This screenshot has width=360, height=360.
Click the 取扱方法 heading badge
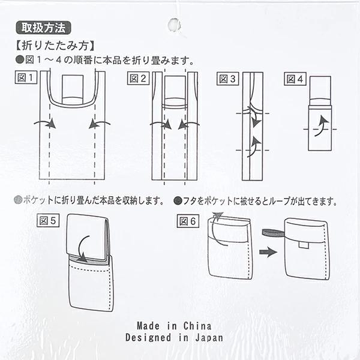[x=43, y=28]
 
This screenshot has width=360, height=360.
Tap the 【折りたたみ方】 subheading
[x=55, y=46]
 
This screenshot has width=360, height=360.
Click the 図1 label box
[x=26, y=77]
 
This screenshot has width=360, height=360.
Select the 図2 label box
[x=138, y=79]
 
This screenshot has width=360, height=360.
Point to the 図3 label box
[x=228, y=79]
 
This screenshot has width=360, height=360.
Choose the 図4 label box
[x=295, y=79]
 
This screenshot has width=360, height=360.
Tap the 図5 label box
[x=48, y=221]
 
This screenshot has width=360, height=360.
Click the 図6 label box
[x=188, y=221]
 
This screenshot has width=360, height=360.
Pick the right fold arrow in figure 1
[x=99, y=123]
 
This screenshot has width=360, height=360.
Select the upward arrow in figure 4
[x=322, y=126]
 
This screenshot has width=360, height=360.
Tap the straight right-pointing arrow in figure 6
[x=268, y=252]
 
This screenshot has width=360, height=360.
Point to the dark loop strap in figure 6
[x=274, y=233]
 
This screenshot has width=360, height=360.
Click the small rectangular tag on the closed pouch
[x=304, y=245]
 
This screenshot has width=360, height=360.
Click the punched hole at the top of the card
[x=174, y=25]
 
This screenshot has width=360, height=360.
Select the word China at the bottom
[x=197, y=326]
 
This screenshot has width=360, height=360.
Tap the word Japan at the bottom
[x=209, y=338]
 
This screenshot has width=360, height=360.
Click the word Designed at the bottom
[x=148, y=338]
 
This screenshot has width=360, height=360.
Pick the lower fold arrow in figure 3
[x=254, y=146]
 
